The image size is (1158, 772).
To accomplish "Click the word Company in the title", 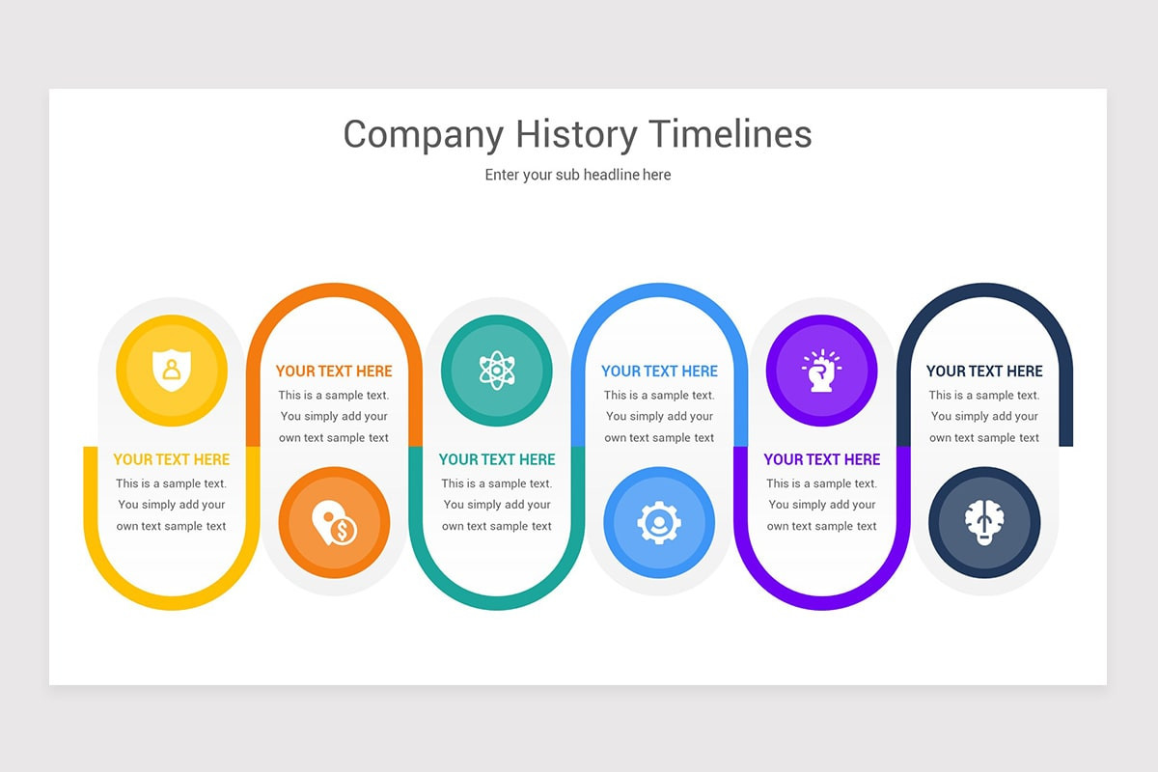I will (x=424, y=134).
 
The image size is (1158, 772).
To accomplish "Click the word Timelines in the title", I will (x=730, y=134).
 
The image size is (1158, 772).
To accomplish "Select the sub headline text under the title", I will (x=578, y=175).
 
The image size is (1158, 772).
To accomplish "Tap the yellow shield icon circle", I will (x=172, y=371).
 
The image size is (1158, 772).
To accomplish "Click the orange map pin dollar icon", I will (x=334, y=523).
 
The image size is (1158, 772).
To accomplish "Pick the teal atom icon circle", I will (x=497, y=371).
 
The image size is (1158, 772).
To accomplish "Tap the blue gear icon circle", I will (x=659, y=523).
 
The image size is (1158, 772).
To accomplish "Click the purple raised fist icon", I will (x=821, y=371).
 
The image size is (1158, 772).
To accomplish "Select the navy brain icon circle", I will (x=984, y=523).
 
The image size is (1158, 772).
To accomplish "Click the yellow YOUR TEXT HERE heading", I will (x=172, y=459).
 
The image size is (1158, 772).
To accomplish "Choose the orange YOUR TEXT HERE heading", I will (x=334, y=371).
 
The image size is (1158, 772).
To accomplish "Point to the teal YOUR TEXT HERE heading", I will (x=497, y=459).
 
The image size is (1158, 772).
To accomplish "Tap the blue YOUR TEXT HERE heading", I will (x=659, y=371).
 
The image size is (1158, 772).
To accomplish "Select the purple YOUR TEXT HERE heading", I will (x=822, y=459).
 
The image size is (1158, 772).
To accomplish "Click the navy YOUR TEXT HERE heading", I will (x=984, y=371).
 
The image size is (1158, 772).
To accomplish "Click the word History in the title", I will (x=575, y=134).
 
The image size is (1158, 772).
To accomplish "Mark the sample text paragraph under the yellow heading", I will (x=172, y=505).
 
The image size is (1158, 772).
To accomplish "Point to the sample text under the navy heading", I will (x=984, y=416).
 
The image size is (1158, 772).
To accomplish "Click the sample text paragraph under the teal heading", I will (x=497, y=505).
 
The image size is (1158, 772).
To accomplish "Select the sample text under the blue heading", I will (x=659, y=416).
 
